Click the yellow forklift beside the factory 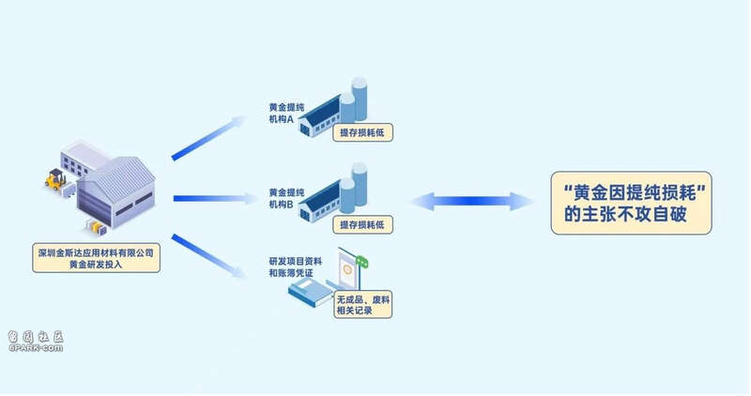55,179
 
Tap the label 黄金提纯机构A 286,114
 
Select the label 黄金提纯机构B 286,198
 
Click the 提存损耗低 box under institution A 362,132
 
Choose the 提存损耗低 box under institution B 362,224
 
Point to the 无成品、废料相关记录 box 362,305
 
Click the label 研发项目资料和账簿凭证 295,267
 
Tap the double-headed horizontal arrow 472,201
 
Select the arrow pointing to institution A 208,138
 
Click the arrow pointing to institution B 216,198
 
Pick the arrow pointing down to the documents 208,256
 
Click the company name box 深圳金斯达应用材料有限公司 97,258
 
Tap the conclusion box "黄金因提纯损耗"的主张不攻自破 631,203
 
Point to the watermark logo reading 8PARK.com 36,342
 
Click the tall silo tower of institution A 360,99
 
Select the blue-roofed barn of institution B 319,201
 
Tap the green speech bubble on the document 362,262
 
